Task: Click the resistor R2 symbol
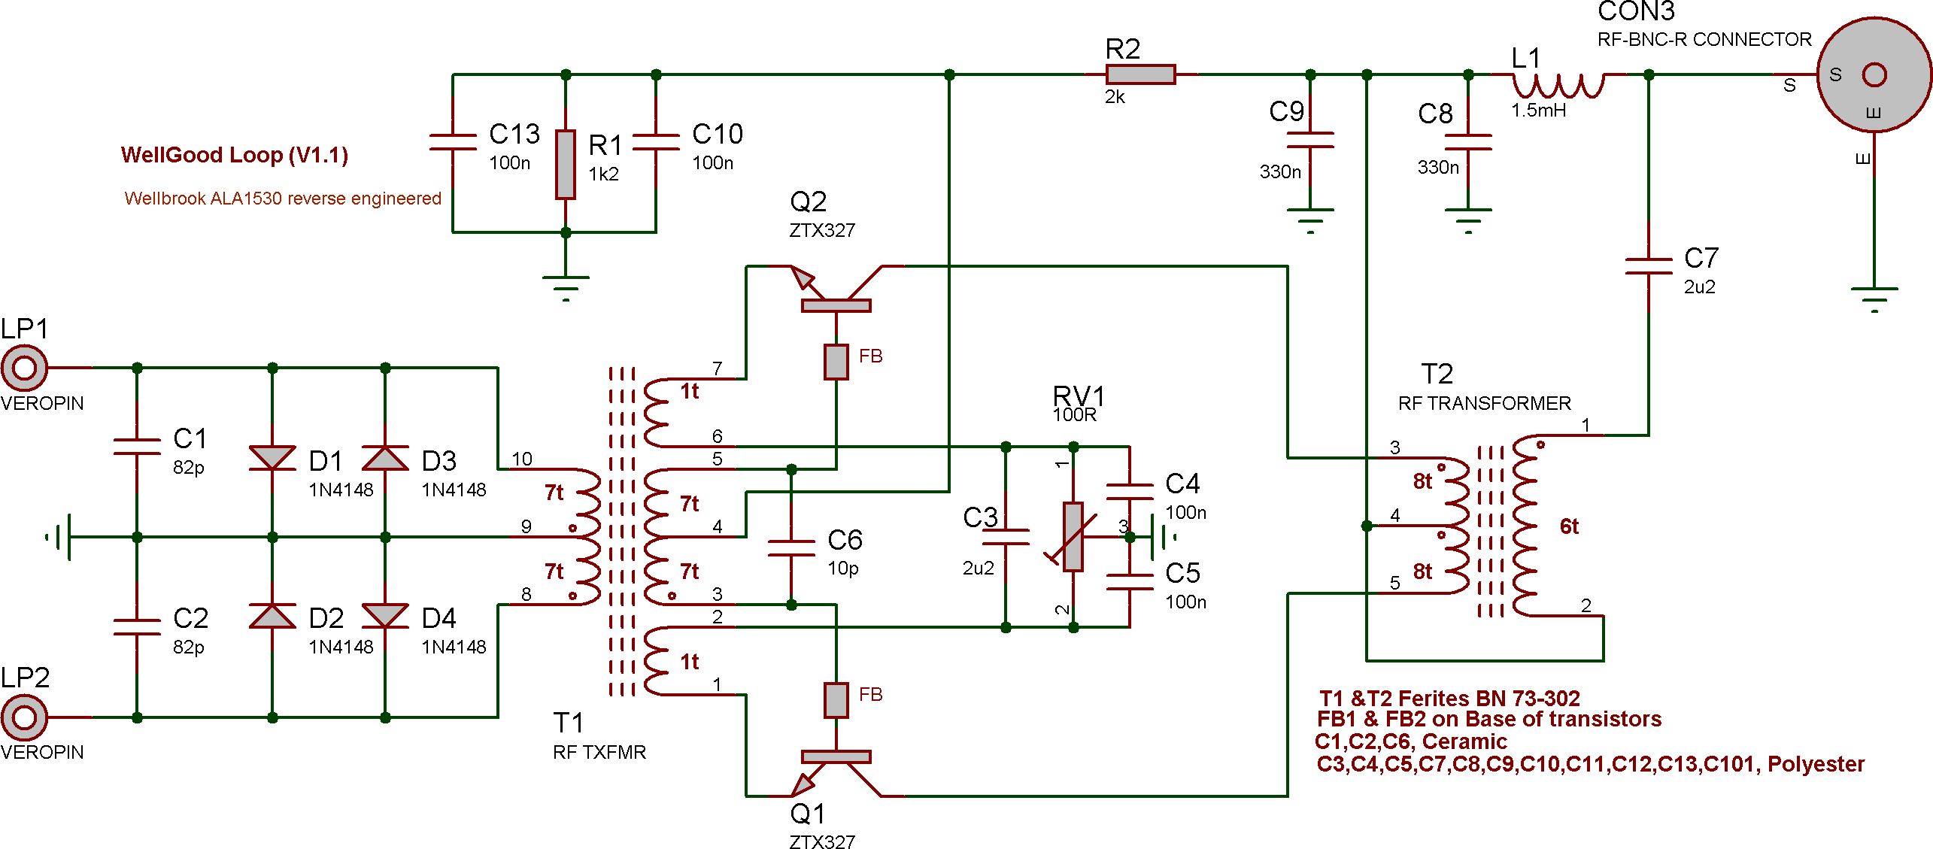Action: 1140,74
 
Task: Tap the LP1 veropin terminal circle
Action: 24,368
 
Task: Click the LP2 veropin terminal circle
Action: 24,717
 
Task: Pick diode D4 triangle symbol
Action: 385,615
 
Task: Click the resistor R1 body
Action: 566,164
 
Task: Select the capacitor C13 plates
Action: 453,142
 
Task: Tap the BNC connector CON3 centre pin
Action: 1874,75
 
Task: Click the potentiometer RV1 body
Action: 1073,537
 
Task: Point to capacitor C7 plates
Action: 1649,266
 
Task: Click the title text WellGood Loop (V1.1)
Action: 234,155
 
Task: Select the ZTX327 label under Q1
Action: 822,841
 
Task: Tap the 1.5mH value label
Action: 1539,111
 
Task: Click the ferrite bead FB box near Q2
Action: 836,362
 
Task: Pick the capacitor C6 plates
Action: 791,547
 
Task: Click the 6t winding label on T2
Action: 1569,526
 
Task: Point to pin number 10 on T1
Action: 522,459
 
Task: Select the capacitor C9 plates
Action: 1310,140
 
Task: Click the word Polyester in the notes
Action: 1816,764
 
